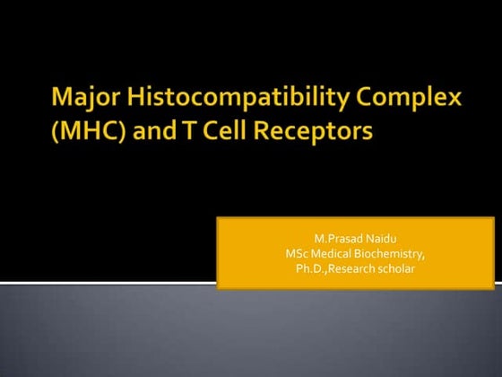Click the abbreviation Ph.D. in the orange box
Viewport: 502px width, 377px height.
click(x=311, y=267)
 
